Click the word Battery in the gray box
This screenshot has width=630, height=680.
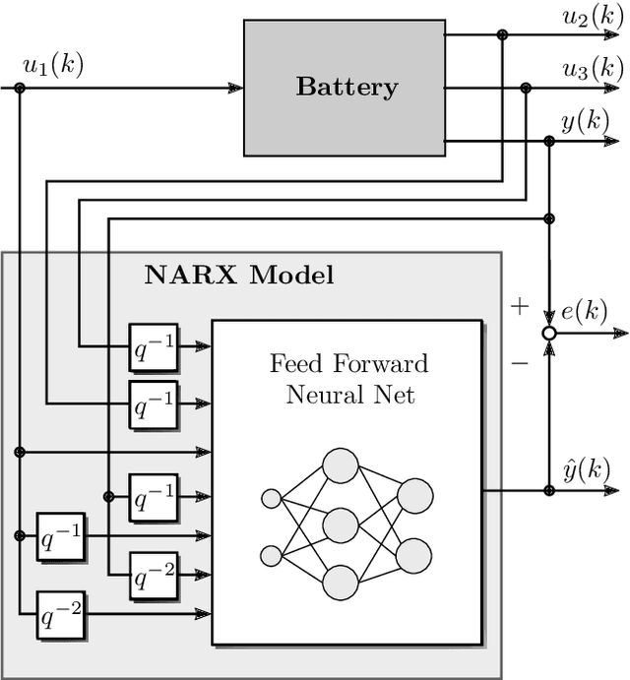click(346, 87)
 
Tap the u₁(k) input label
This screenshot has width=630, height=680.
click(52, 66)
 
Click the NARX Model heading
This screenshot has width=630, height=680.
click(239, 275)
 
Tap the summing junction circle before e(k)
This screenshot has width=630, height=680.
click(549, 335)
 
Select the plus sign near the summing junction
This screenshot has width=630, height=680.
click(519, 306)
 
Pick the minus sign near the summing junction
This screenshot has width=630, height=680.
click(519, 363)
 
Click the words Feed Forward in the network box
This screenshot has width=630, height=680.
click(349, 364)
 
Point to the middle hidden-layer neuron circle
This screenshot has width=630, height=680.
click(340, 524)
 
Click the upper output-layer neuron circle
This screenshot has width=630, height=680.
click(414, 496)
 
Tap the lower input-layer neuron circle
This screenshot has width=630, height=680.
click(271, 556)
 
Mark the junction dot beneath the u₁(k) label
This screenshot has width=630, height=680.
click(20, 88)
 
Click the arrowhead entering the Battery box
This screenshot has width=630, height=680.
click(235, 88)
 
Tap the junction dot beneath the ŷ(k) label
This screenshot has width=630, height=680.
click(549, 489)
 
